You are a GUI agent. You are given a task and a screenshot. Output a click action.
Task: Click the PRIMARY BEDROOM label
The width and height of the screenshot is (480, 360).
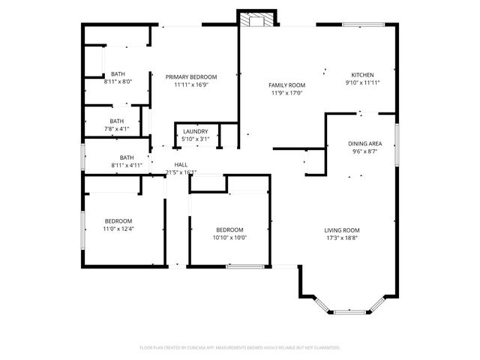click(191, 76)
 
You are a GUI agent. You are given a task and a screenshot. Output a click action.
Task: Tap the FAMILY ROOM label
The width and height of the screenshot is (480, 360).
click(285, 85)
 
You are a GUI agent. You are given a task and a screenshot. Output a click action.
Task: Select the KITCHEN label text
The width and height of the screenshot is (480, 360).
click(362, 74)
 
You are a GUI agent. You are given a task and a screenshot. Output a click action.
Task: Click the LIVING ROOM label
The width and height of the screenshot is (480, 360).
click(342, 230)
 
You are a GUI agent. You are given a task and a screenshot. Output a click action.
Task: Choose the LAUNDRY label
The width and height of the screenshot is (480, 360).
click(196, 131)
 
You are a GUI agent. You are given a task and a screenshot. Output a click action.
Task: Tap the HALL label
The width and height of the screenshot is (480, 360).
click(181, 164)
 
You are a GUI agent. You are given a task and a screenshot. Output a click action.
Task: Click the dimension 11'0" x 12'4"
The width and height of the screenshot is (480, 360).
click(118, 229)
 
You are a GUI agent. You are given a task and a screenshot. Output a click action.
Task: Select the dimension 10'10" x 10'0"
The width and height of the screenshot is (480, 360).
click(230, 238)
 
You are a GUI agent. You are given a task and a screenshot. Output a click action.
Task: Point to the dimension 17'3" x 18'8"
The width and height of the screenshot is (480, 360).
click(342, 238)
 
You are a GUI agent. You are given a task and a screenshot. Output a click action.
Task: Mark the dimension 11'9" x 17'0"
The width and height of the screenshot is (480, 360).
click(285, 93)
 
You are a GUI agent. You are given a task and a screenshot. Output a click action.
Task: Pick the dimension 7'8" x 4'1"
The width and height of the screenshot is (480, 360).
click(116, 128)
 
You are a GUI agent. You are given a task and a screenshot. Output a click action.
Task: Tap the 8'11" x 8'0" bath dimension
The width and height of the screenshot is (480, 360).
click(118, 81)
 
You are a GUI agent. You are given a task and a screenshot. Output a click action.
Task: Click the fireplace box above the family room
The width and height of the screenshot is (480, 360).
click(256, 19)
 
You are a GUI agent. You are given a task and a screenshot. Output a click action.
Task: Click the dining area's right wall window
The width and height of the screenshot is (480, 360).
click(397, 143)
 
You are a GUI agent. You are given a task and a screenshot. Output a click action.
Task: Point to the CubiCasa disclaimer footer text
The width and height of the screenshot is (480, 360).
click(240, 348)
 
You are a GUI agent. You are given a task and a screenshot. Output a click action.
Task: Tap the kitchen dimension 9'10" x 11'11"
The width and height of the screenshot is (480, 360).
click(362, 82)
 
